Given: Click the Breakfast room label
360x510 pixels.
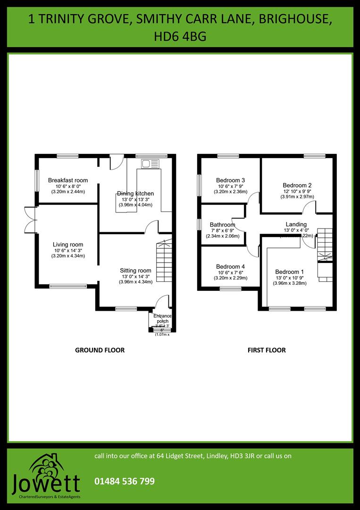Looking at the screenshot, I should [68, 180].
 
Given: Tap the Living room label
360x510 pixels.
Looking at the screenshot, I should [68, 245].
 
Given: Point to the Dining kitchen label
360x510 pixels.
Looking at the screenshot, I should [135, 194].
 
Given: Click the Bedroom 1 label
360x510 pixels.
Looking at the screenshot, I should [290, 272].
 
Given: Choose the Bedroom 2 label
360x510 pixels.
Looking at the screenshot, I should [297, 186].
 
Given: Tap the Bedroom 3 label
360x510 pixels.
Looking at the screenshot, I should [230, 180].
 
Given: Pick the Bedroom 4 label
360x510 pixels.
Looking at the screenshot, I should [230, 266].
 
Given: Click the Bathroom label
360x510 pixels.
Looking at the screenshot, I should [223, 225].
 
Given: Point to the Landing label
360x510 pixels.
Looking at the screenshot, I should [296, 224].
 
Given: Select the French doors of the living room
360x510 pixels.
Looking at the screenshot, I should [31, 220].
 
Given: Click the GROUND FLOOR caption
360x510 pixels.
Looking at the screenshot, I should [100, 350].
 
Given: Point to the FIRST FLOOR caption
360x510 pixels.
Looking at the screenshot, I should [267, 350].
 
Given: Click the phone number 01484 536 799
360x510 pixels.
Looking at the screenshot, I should [125, 481].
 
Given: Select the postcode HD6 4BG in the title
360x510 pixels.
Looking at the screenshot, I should [180, 36].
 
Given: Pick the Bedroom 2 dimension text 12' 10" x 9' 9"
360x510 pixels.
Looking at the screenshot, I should [297, 191].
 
